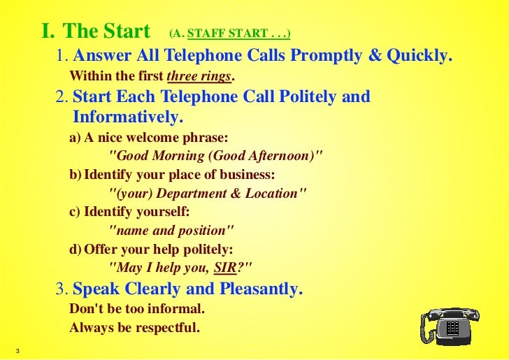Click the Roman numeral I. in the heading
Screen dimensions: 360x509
coord(48,32)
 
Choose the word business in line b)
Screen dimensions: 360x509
coord(243,174)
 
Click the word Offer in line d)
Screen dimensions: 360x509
coord(100,248)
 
